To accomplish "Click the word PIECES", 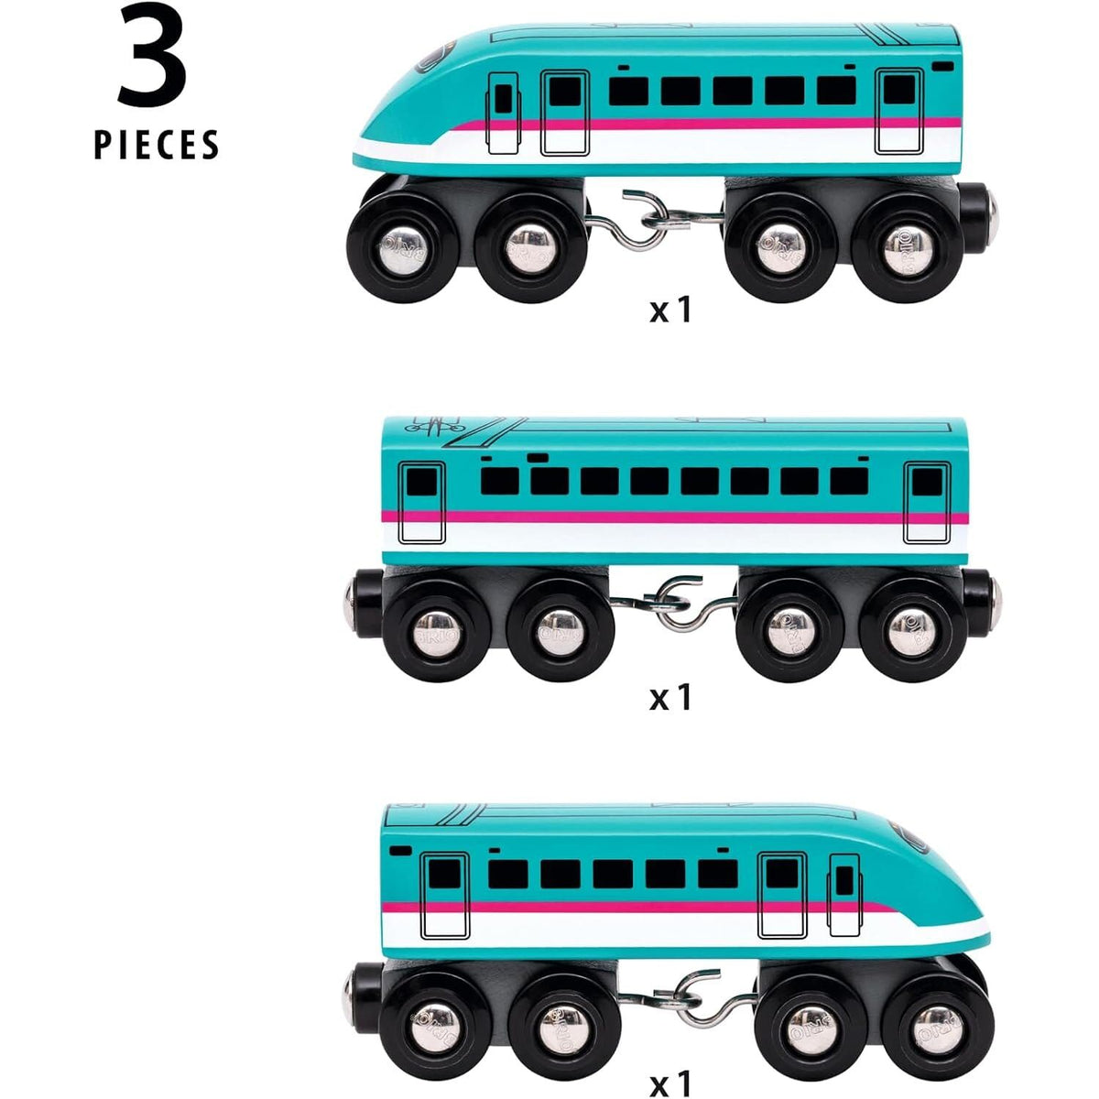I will tap(157, 145).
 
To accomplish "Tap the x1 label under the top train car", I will tap(670, 310).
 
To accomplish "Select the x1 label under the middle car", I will tap(670, 698).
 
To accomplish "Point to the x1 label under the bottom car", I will tap(670, 1084).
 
